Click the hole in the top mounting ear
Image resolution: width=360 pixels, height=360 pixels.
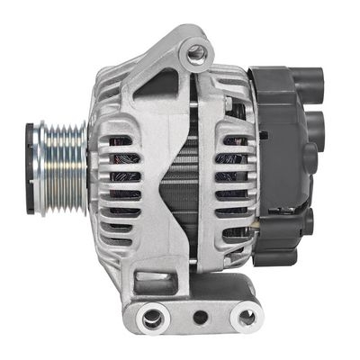click(196, 54)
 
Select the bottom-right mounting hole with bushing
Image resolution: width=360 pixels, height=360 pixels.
click(245, 317)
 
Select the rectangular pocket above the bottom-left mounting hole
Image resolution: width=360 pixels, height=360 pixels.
click(144, 285)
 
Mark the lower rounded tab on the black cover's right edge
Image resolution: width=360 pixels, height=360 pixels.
click(308, 220)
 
